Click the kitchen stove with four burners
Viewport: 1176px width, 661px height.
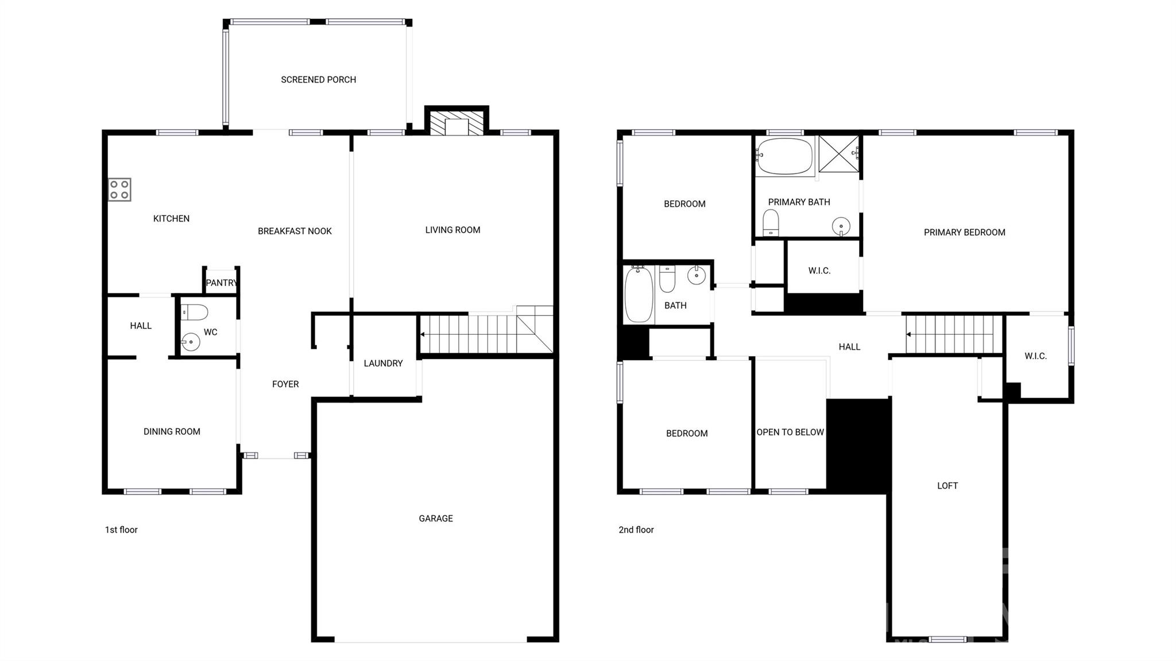(119, 190)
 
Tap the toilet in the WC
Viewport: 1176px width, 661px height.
(194, 312)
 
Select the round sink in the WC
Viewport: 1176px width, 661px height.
(190, 342)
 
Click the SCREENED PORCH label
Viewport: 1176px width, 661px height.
(318, 80)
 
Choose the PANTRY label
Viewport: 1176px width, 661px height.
(222, 283)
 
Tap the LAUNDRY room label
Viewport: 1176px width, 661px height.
(383, 363)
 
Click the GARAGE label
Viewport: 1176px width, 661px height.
(436, 519)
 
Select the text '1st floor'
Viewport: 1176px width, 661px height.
(121, 529)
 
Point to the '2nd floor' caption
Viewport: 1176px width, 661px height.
(636, 529)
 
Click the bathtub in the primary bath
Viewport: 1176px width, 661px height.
(784, 156)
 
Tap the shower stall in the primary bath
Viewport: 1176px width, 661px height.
(838, 154)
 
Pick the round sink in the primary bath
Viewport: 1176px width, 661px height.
(841, 226)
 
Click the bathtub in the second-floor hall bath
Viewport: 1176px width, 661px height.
(639, 294)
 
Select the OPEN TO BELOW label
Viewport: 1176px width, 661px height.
(790, 432)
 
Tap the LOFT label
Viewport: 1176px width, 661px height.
(947, 486)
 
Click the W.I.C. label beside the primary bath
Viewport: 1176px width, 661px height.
(819, 270)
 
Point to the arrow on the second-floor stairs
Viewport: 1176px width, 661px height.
(909, 334)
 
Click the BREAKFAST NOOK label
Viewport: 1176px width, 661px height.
(295, 231)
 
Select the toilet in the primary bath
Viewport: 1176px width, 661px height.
(771, 222)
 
